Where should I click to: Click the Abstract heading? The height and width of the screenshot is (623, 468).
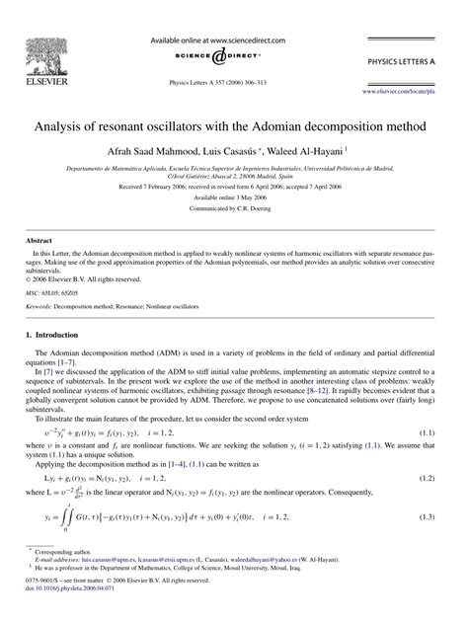click(x=39, y=267)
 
